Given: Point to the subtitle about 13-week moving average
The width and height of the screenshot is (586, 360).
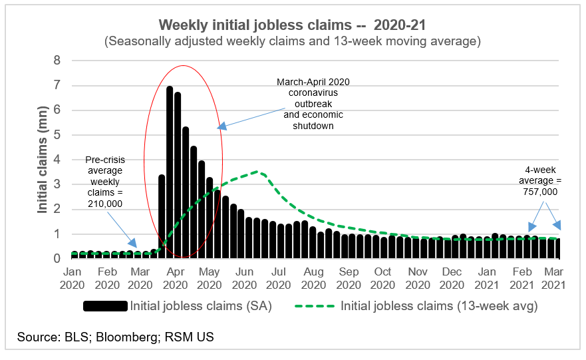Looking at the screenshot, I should (x=292, y=41).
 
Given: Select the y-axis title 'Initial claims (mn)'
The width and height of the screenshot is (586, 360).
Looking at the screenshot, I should (x=43, y=158).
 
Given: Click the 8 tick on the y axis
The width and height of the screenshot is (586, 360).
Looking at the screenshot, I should (x=57, y=61).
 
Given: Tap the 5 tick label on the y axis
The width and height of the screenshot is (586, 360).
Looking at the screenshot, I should (x=57, y=135).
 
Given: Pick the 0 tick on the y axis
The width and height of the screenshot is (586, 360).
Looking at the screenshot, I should (x=57, y=259).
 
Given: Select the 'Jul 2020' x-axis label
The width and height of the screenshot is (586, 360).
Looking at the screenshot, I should (x=279, y=278).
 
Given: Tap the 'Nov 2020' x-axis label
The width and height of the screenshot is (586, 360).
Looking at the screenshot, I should (x=418, y=278).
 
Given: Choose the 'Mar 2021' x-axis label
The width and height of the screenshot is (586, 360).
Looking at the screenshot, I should (x=552, y=278).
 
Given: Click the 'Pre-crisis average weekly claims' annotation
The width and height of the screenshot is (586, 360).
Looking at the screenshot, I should (x=104, y=182).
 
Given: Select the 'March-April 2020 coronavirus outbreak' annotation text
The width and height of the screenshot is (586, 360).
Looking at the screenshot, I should (x=313, y=103).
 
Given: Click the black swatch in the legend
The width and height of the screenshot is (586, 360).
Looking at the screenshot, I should (x=105, y=307).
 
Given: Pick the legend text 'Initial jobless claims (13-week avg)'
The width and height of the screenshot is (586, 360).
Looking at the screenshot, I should (x=438, y=307).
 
